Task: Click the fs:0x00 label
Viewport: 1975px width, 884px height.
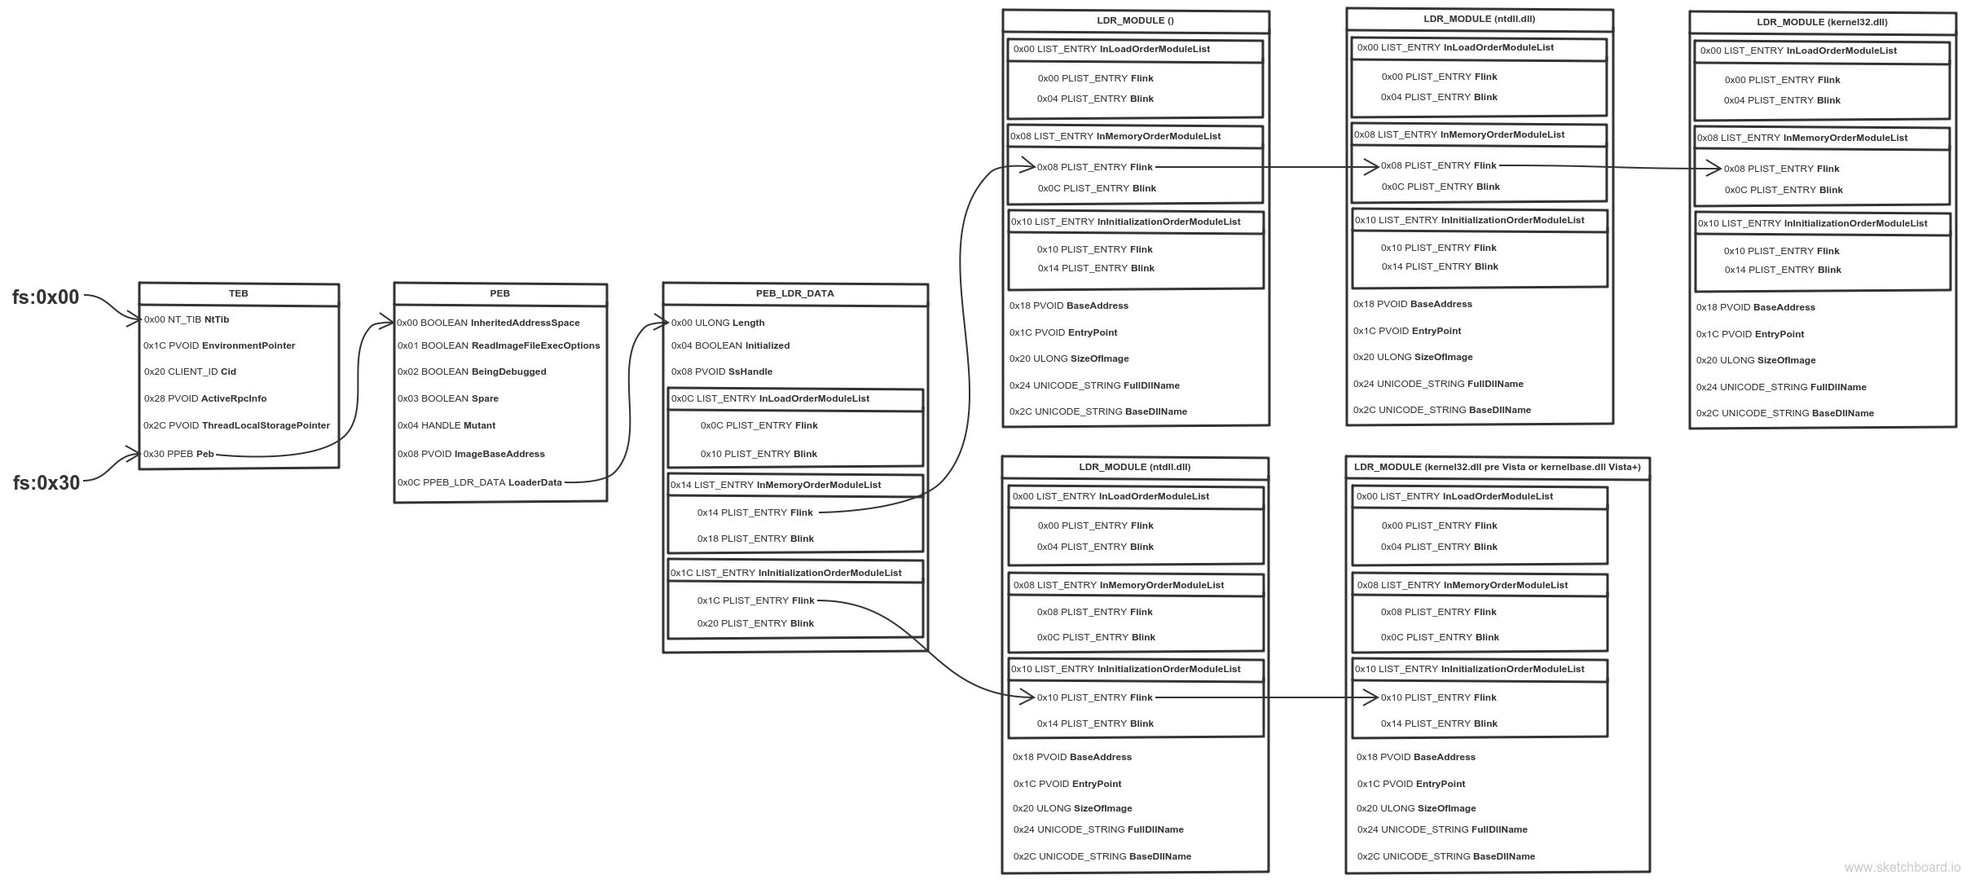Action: tap(46, 297)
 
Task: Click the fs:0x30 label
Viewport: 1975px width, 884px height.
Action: tap(46, 483)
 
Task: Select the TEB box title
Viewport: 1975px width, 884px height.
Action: tap(239, 293)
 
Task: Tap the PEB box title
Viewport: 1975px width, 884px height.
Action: tap(500, 293)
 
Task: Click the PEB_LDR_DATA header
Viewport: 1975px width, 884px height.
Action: tap(795, 293)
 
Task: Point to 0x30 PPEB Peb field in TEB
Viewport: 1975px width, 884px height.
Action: tap(179, 454)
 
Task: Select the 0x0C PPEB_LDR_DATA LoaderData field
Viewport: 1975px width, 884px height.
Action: tap(480, 482)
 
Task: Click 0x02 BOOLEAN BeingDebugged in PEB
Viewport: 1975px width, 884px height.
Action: tap(472, 372)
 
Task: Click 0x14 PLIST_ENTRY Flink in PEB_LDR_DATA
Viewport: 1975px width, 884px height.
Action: tap(755, 512)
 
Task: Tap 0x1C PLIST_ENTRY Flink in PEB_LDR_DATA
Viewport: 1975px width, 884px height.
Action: tap(755, 600)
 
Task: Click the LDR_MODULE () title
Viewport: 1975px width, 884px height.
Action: tap(1136, 20)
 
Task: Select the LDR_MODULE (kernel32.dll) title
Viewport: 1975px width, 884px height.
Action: tap(1822, 22)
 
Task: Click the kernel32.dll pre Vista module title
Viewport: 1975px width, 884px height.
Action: tap(1498, 467)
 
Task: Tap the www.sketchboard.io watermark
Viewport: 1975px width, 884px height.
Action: tap(1902, 868)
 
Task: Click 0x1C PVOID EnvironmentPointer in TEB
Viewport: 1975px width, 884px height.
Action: tap(220, 345)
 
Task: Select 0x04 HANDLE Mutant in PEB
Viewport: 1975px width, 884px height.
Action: tap(446, 425)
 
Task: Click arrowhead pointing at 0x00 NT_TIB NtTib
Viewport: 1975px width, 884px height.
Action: tap(134, 319)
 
